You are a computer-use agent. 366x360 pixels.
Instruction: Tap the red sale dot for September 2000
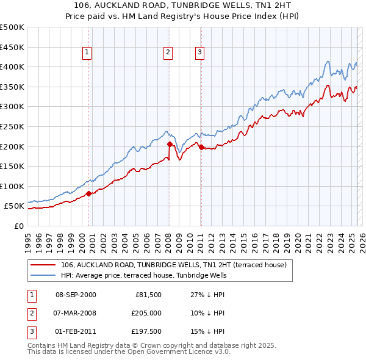coord(88,193)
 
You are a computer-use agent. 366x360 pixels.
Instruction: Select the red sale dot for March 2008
coord(170,145)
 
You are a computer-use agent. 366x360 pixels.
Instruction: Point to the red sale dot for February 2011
coord(201,147)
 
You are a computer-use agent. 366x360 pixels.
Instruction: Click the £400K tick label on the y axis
coord(12,67)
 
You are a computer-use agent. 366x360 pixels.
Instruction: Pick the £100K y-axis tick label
coord(12,186)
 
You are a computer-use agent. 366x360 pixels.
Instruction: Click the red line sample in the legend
coord(43,265)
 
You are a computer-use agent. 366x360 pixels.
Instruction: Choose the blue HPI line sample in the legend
coord(43,275)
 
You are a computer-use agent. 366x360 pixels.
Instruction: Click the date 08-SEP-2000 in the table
coord(76,295)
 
